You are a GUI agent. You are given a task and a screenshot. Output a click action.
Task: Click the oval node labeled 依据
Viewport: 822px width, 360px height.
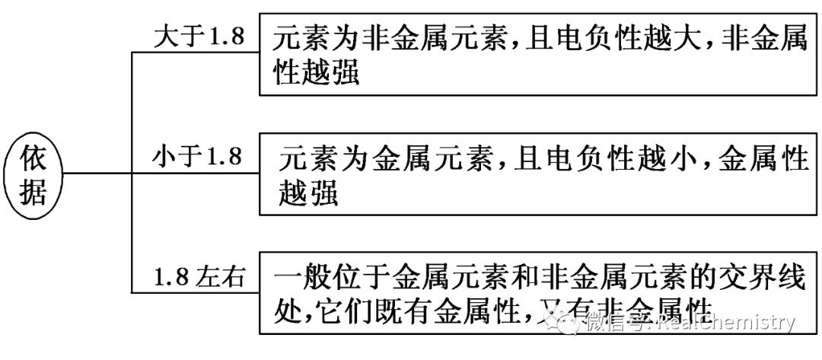point(33,177)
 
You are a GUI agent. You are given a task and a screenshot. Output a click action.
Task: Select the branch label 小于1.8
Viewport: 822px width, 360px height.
point(197,157)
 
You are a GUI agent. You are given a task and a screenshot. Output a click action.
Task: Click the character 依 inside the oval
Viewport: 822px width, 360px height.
point(33,161)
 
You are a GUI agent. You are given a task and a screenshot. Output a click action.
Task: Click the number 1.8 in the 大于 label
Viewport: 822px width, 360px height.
point(225,36)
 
